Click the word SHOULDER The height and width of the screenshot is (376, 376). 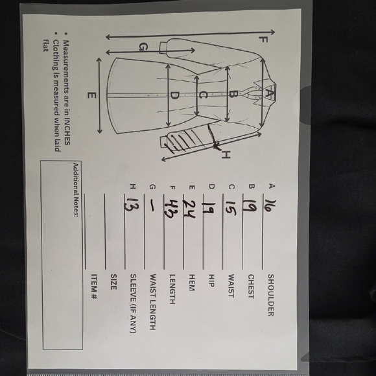pos(271,295)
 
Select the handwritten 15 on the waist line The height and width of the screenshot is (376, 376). pos(231,208)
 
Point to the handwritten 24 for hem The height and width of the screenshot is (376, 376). pos(189,209)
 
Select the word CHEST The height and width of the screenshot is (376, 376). pos(251,287)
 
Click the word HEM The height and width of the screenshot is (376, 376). pos(192,283)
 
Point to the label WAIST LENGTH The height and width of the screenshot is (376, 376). pos(152,302)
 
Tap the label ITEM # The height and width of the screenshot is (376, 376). pos(94,287)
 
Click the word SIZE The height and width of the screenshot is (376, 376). pos(113,282)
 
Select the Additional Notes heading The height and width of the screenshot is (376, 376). pos(76,190)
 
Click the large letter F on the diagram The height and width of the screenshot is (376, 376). pos(263,40)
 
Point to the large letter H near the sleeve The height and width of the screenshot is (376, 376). pos(226,155)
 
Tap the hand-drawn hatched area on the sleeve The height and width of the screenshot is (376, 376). pos(182,140)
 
